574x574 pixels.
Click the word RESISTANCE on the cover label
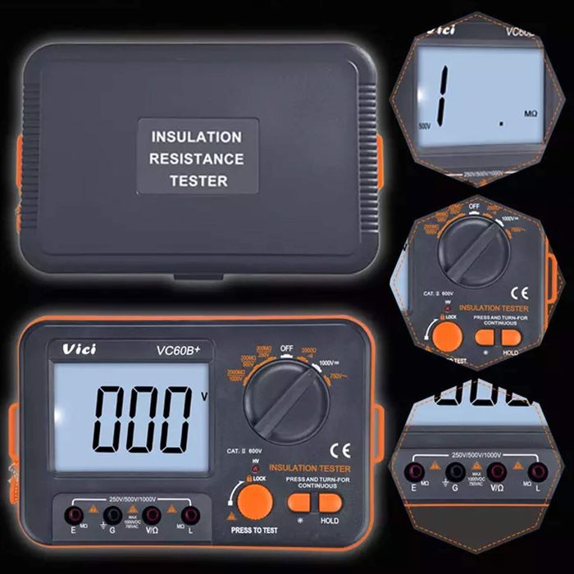[x=197, y=159]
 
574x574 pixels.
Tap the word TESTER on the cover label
[x=198, y=181]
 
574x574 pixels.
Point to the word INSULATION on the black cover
[x=197, y=137]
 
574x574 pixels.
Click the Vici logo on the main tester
[x=80, y=349]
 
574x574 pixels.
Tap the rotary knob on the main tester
[x=287, y=403]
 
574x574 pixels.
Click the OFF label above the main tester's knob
[x=286, y=348]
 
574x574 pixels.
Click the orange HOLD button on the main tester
[x=330, y=503]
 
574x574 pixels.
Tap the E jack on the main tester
[x=75, y=515]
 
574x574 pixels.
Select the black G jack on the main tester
[x=113, y=515]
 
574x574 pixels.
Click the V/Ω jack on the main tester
[x=152, y=515]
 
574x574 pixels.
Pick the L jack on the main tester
[x=190, y=515]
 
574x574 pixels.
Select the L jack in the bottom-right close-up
[x=538, y=471]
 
